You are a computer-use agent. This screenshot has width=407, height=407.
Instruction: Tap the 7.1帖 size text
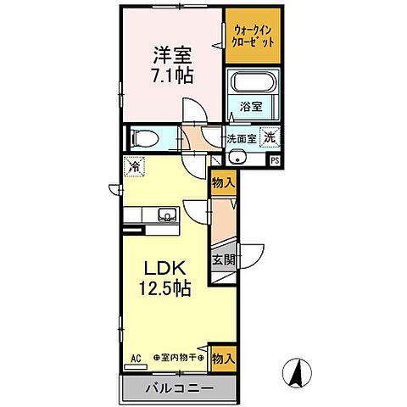(x=173, y=77)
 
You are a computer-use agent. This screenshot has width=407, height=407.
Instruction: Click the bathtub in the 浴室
(x=254, y=86)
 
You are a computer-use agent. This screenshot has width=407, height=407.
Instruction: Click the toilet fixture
(x=150, y=137)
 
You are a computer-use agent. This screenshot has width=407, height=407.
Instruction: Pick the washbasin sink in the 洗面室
(x=237, y=158)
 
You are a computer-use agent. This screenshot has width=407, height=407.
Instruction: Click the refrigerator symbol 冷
(x=134, y=166)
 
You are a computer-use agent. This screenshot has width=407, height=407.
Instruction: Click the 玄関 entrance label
(x=221, y=259)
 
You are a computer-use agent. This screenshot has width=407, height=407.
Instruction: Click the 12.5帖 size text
(x=166, y=289)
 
